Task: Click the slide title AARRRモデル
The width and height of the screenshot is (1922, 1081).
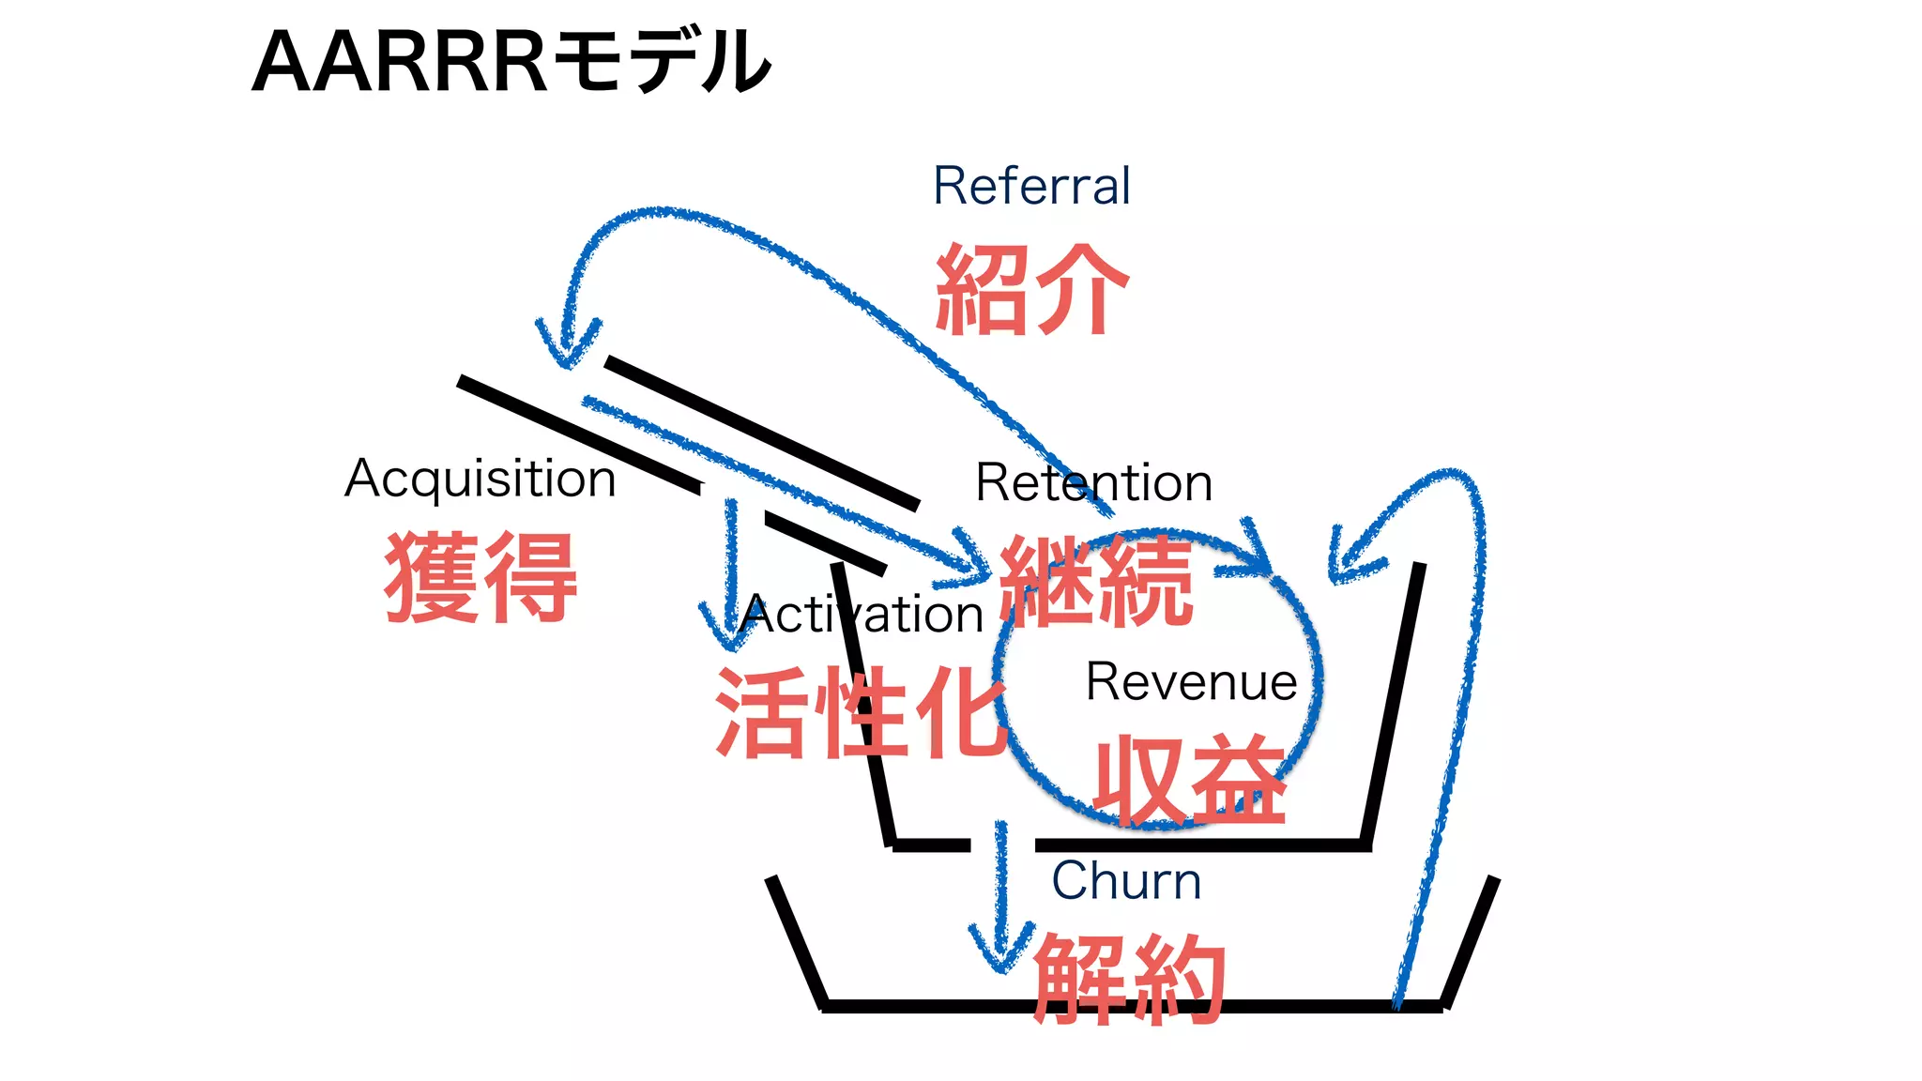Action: tap(511, 62)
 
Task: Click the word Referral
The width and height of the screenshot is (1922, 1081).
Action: tap(1031, 186)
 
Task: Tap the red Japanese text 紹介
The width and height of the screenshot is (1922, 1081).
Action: tap(1031, 290)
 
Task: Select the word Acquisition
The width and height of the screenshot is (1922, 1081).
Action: tap(480, 479)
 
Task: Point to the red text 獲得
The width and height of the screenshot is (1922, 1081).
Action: tap(480, 576)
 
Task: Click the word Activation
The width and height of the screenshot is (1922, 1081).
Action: tap(862, 616)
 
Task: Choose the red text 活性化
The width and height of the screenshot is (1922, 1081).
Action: tap(860, 713)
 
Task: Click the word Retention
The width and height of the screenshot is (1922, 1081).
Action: tap(1093, 482)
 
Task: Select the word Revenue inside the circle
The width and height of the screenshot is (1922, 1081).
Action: tap(1191, 681)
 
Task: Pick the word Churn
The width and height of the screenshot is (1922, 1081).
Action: tap(1125, 881)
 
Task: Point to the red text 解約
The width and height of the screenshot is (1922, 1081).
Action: tap(1129, 980)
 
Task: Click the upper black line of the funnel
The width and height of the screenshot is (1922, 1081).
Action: tap(760, 433)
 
